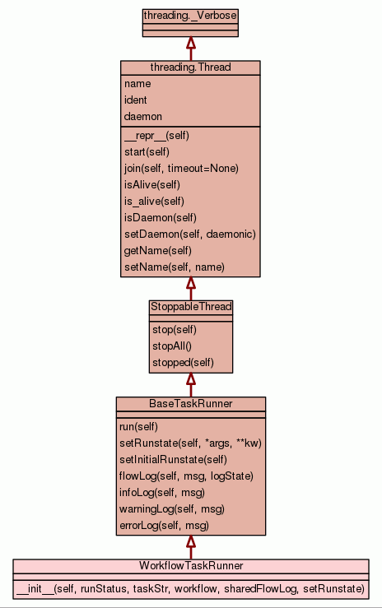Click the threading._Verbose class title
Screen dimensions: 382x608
pyautogui.click(x=190, y=16)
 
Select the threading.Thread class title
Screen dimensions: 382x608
pyautogui.click(x=190, y=67)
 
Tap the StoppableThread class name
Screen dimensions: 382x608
pyautogui.click(x=191, y=307)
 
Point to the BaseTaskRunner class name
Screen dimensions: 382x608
pyautogui.click(x=191, y=404)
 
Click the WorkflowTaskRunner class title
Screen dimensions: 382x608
pyautogui.click(x=191, y=566)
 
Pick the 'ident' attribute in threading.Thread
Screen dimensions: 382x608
pyautogui.click(x=135, y=100)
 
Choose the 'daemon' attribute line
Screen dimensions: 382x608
pyautogui.click(x=142, y=116)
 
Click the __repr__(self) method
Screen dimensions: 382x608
pyautogui.click(x=156, y=136)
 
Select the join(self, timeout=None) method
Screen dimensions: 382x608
pyautogui.click(x=181, y=169)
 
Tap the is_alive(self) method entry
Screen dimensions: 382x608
pyautogui.click(x=154, y=202)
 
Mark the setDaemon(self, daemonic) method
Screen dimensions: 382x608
pyautogui.click(x=189, y=234)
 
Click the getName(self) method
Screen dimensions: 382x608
pyautogui.click(x=157, y=250)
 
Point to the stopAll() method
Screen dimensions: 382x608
pyautogui.click(x=172, y=346)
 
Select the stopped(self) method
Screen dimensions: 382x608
pyautogui.click(x=183, y=363)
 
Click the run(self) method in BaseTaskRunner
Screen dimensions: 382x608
pyautogui.click(x=138, y=426)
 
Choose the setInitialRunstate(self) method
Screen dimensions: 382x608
pyautogui.click(x=173, y=459)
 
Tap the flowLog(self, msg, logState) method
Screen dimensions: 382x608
pyautogui.click(x=186, y=476)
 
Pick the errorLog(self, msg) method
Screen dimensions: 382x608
pyautogui.click(x=164, y=526)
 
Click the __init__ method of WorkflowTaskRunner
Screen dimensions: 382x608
pyautogui.click(x=190, y=588)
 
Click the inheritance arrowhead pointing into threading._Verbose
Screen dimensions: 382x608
pyautogui.click(x=190, y=42)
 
